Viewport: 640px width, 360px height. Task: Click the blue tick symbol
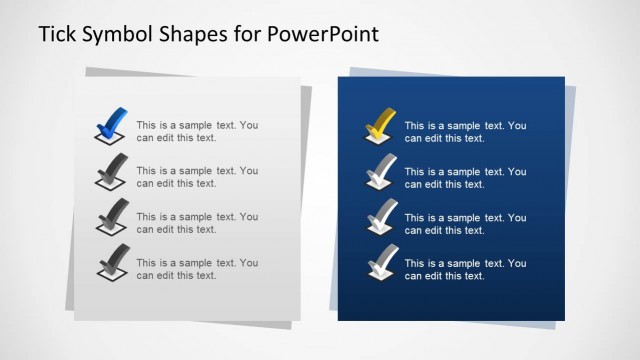pos(111,122)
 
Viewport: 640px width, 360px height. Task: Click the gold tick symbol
pos(379,124)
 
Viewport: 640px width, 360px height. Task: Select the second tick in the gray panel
pos(111,171)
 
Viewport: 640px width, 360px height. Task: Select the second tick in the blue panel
pos(379,171)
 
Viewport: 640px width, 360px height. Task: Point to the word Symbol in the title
pos(121,35)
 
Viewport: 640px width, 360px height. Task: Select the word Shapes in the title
pos(201,35)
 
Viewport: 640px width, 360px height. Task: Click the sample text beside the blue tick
pos(197,131)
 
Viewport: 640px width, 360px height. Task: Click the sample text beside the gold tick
pos(465,131)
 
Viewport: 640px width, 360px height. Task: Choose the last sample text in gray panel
pos(197,269)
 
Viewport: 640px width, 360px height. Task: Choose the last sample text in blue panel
pos(465,269)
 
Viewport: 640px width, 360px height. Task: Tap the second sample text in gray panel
pos(197,177)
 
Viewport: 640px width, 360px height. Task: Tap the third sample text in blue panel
pos(465,223)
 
